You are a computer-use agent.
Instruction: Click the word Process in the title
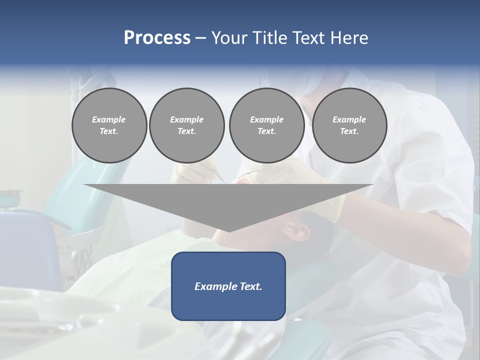click(x=157, y=38)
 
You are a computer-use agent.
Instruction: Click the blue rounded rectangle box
click(x=228, y=305)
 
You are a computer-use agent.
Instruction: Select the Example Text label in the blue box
click(x=228, y=286)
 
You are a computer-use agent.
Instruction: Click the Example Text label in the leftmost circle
click(x=109, y=125)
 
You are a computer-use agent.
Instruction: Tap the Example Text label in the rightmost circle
click(x=349, y=125)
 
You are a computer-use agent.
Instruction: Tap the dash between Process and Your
click(x=201, y=38)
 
